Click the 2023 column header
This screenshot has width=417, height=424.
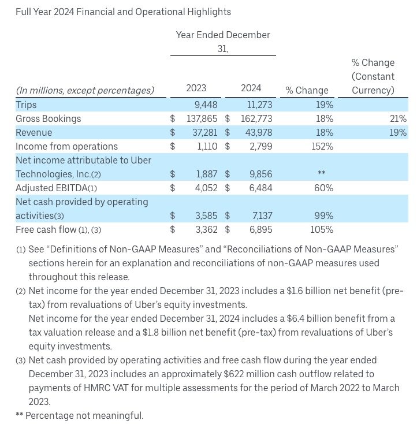pos(196,88)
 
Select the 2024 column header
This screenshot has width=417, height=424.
pos(251,88)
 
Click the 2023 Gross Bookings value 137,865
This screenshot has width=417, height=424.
pos(199,118)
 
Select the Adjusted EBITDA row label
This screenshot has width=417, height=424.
pos(56,188)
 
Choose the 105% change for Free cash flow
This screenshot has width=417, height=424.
pos(321,229)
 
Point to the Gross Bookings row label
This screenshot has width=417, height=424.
pos(49,118)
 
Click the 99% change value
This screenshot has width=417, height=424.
pos(324,215)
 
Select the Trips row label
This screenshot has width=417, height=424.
pos(26,105)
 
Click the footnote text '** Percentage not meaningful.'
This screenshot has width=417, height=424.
pos(80,415)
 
